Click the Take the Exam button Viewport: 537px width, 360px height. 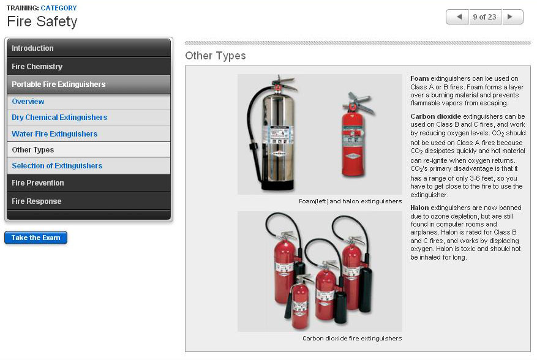(x=36, y=238)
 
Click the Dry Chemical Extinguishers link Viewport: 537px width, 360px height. (x=59, y=118)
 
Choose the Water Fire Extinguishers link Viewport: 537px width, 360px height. (x=54, y=134)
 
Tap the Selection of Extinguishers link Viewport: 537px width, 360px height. (x=57, y=166)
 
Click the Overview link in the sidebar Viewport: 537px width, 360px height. (x=28, y=102)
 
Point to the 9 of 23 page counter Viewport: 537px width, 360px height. (x=484, y=17)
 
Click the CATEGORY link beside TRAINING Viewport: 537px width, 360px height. (x=59, y=7)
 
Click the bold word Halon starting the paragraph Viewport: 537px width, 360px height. (x=419, y=208)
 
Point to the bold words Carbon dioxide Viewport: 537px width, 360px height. (x=435, y=116)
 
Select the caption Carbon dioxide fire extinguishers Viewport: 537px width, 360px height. (x=352, y=339)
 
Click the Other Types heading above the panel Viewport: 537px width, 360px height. (x=216, y=56)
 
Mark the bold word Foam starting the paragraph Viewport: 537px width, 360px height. (x=419, y=78)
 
